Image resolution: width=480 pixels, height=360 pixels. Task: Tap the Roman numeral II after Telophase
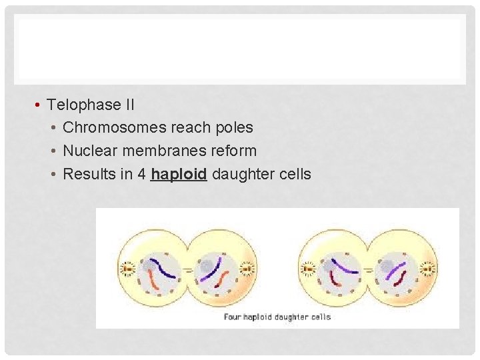tap(129, 105)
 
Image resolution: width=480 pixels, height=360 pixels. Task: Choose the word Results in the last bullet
tap(86, 175)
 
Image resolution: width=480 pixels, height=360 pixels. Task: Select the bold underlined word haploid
tap(179, 175)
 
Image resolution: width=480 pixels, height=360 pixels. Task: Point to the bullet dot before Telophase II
tap(40, 105)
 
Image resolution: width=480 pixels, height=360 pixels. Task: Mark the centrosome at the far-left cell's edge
tap(127, 269)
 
